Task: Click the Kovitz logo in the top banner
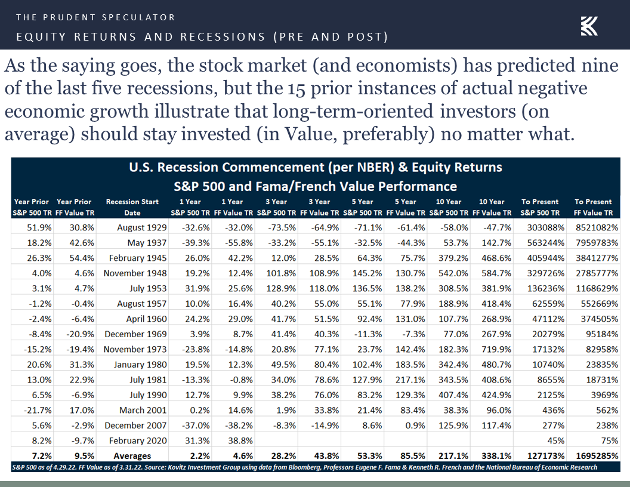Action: [589, 26]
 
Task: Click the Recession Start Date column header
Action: [132, 207]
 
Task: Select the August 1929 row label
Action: [142, 227]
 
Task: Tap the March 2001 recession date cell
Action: [143, 410]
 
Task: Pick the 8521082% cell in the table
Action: [597, 227]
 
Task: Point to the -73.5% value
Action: [282, 227]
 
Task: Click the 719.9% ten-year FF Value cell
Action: [496, 349]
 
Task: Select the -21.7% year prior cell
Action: [38, 410]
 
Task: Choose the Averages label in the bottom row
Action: [132, 456]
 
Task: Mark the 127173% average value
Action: [546, 456]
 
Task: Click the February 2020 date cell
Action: [138, 441]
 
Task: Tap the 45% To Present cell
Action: [555, 441]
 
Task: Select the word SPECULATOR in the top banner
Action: [138, 17]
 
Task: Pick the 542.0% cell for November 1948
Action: [453, 273]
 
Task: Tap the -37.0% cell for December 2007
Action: [196, 426]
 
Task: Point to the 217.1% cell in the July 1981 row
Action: [410, 380]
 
